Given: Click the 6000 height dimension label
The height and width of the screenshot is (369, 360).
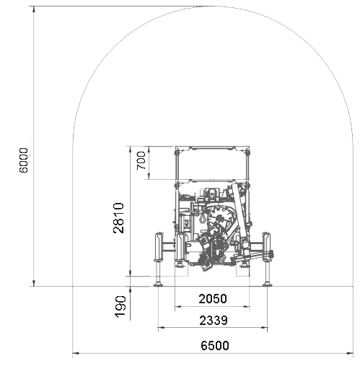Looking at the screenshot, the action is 24,160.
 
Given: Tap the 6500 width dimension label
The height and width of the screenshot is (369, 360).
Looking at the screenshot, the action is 215,346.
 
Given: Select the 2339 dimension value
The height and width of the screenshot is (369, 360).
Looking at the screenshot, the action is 214,321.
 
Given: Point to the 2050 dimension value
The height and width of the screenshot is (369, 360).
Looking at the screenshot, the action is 213,299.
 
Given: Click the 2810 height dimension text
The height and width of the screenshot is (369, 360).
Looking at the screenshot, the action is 118,218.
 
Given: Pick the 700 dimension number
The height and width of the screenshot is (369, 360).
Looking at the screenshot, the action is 141,160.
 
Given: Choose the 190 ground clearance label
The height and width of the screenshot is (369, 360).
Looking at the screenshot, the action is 120,307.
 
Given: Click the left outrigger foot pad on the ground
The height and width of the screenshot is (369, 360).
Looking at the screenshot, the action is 158,285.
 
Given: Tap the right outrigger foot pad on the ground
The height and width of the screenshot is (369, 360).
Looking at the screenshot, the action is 267,285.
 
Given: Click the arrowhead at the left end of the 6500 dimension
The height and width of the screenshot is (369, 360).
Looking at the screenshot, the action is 76,353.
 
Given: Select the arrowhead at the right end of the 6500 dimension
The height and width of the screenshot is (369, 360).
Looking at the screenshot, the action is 350,353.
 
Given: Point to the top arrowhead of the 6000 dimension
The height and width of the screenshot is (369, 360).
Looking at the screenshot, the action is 34,9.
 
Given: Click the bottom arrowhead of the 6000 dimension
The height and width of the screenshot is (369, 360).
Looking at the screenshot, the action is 34,283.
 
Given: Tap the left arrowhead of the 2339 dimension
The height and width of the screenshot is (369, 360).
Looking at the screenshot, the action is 161,328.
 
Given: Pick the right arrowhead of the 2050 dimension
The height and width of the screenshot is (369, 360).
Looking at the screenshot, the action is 247,307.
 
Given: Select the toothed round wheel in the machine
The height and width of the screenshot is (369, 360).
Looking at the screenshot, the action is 219,218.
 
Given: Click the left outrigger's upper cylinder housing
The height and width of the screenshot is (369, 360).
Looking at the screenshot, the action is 159,246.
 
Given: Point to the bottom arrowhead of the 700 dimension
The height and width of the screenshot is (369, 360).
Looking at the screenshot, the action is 149,176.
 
